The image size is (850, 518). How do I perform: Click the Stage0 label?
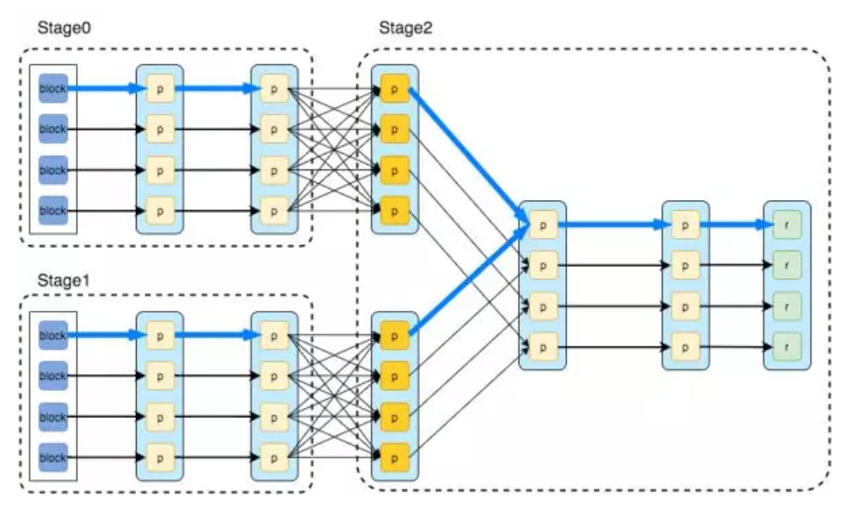coord(64,26)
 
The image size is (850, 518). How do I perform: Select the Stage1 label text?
coord(64,279)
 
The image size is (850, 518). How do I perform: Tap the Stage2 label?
coord(406,26)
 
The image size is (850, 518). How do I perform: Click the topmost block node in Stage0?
coord(53,88)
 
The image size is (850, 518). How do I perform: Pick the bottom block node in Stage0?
coord(53,211)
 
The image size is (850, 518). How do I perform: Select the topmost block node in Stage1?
coord(53,335)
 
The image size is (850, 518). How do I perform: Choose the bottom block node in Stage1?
coord(53,458)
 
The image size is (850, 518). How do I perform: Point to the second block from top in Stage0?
coord(53,129)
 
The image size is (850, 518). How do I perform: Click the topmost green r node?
coord(787,224)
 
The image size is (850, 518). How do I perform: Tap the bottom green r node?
coord(787,346)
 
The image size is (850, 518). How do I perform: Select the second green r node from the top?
coord(787,265)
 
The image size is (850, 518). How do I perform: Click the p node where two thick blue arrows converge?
coord(543,224)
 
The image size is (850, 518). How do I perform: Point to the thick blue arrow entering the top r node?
coord(735,224)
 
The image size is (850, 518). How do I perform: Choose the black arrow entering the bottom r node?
coord(735,346)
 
